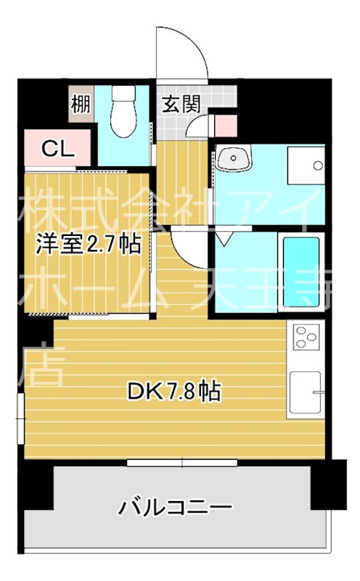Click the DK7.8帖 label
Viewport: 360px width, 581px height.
tap(174, 392)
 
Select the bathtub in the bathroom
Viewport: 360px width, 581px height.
tap(300, 272)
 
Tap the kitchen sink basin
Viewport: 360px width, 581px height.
tap(304, 393)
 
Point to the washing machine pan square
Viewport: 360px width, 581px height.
tap(305, 166)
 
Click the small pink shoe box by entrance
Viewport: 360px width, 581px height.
tap(226, 124)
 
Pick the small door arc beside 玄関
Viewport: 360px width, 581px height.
tap(195, 129)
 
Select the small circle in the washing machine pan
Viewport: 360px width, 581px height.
tap(318, 166)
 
